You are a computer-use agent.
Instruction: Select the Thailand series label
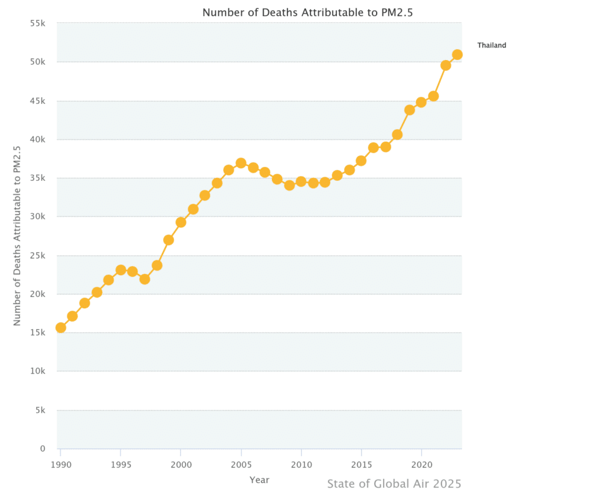pos(491,45)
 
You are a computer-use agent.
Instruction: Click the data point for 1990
pos(61,328)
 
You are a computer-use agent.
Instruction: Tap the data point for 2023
pos(457,55)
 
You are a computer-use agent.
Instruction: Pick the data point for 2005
pos(241,163)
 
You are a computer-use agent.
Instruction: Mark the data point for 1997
pos(144,279)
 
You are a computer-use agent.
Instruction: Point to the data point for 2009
pos(289,185)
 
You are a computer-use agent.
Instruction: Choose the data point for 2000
pos(180,222)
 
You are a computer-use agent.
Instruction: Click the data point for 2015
pos(361,160)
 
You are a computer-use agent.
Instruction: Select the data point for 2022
pos(446,66)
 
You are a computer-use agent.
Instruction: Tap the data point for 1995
pos(120,270)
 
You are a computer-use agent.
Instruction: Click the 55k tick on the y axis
pos(38,23)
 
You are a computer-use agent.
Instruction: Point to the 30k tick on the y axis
pos(38,217)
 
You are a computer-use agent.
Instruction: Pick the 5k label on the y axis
pos(40,410)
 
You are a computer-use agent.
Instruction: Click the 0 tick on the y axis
pos(43,449)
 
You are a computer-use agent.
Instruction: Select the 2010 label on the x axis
pos(301,465)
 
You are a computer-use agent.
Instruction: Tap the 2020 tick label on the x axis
pos(421,465)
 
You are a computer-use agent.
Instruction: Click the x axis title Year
pos(259,480)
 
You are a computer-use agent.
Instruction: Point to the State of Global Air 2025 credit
pos(394,484)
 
